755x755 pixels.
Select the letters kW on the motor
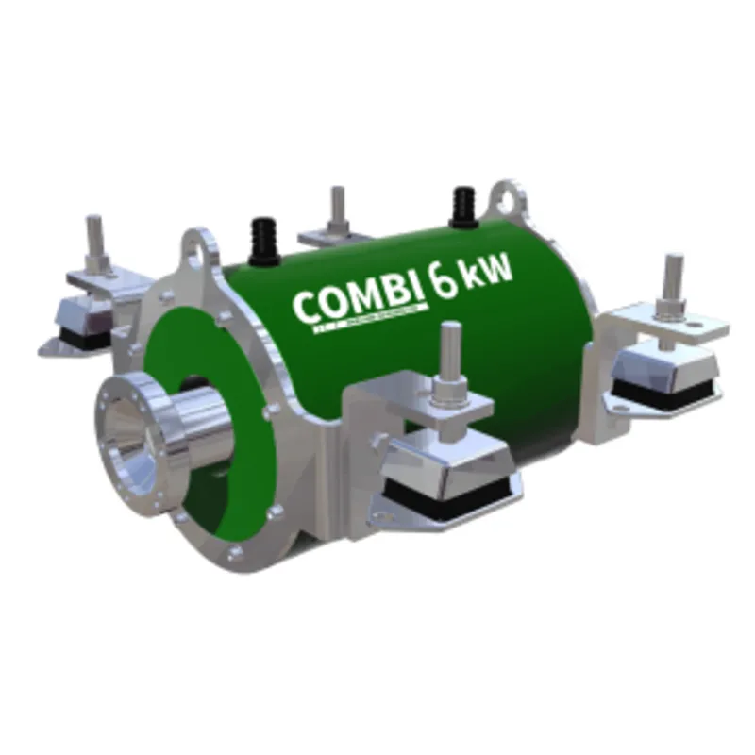click(490, 273)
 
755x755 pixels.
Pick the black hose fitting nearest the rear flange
click(462, 204)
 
